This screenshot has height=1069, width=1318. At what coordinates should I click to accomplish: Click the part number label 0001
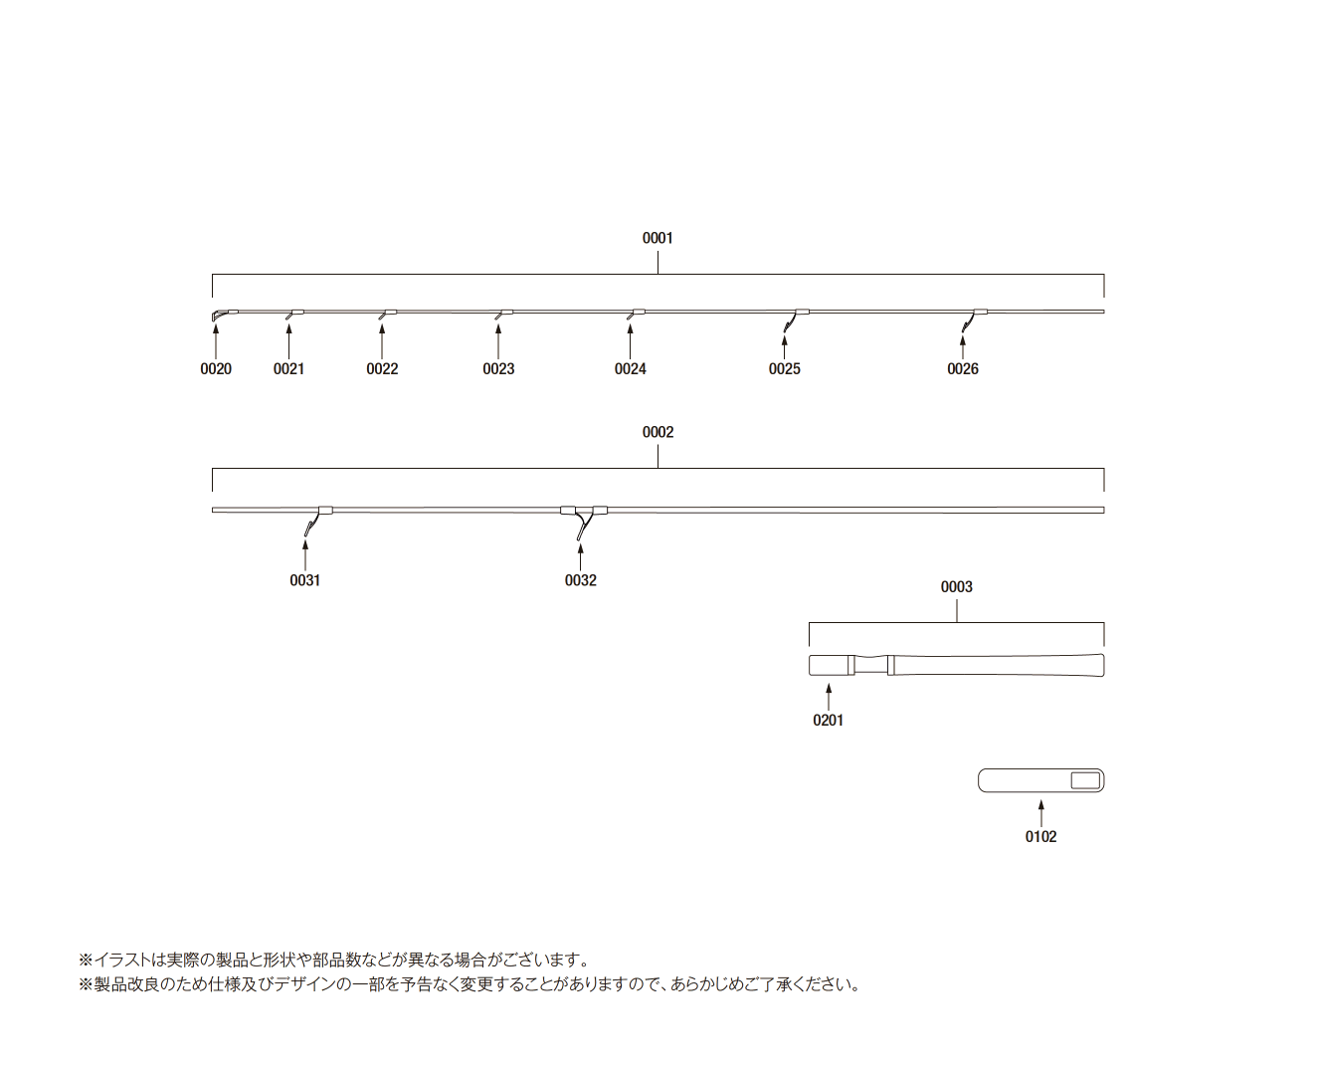(658, 238)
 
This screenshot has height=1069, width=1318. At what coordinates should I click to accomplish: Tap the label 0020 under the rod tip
(215, 369)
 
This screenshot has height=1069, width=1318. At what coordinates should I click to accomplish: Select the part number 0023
(498, 369)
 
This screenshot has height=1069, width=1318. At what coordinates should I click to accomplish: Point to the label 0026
(962, 369)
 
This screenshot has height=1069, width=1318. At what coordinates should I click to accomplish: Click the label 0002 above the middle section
(658, 432)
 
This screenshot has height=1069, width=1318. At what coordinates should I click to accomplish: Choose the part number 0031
(304, 580)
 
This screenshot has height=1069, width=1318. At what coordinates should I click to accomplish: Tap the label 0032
(580, 580)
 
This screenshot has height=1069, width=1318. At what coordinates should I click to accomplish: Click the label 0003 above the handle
(956, 587)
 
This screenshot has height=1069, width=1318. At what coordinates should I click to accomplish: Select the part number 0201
(828, 720)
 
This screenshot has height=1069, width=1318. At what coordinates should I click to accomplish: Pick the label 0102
(1040, 837)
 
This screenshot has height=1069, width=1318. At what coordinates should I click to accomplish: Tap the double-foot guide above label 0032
(584, 519)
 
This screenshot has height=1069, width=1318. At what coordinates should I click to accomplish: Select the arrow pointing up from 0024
(630, 341)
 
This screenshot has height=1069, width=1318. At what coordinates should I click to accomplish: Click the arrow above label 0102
(1040, 813)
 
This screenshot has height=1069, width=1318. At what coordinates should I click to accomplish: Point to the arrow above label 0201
(828, 697)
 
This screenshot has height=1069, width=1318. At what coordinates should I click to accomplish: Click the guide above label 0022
(387, 314)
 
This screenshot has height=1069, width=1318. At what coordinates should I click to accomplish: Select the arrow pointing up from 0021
(288, 341)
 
